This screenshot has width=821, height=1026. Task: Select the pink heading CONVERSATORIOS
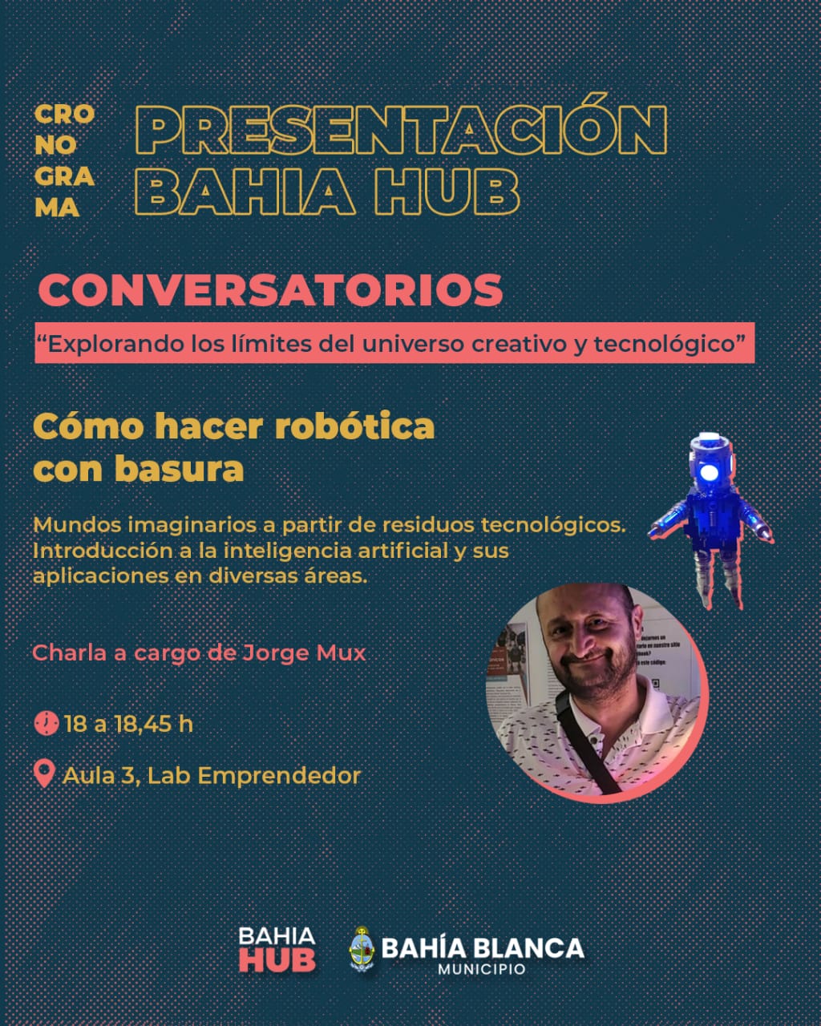270,290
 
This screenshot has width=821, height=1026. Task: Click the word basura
179,470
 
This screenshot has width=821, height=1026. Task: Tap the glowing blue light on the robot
709,472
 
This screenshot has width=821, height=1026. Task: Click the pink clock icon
47,723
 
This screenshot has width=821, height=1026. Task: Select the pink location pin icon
44,774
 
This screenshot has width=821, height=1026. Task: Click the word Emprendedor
279,776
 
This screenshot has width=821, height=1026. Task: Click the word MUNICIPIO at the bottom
482,969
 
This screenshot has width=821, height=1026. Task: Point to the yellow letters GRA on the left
64,177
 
